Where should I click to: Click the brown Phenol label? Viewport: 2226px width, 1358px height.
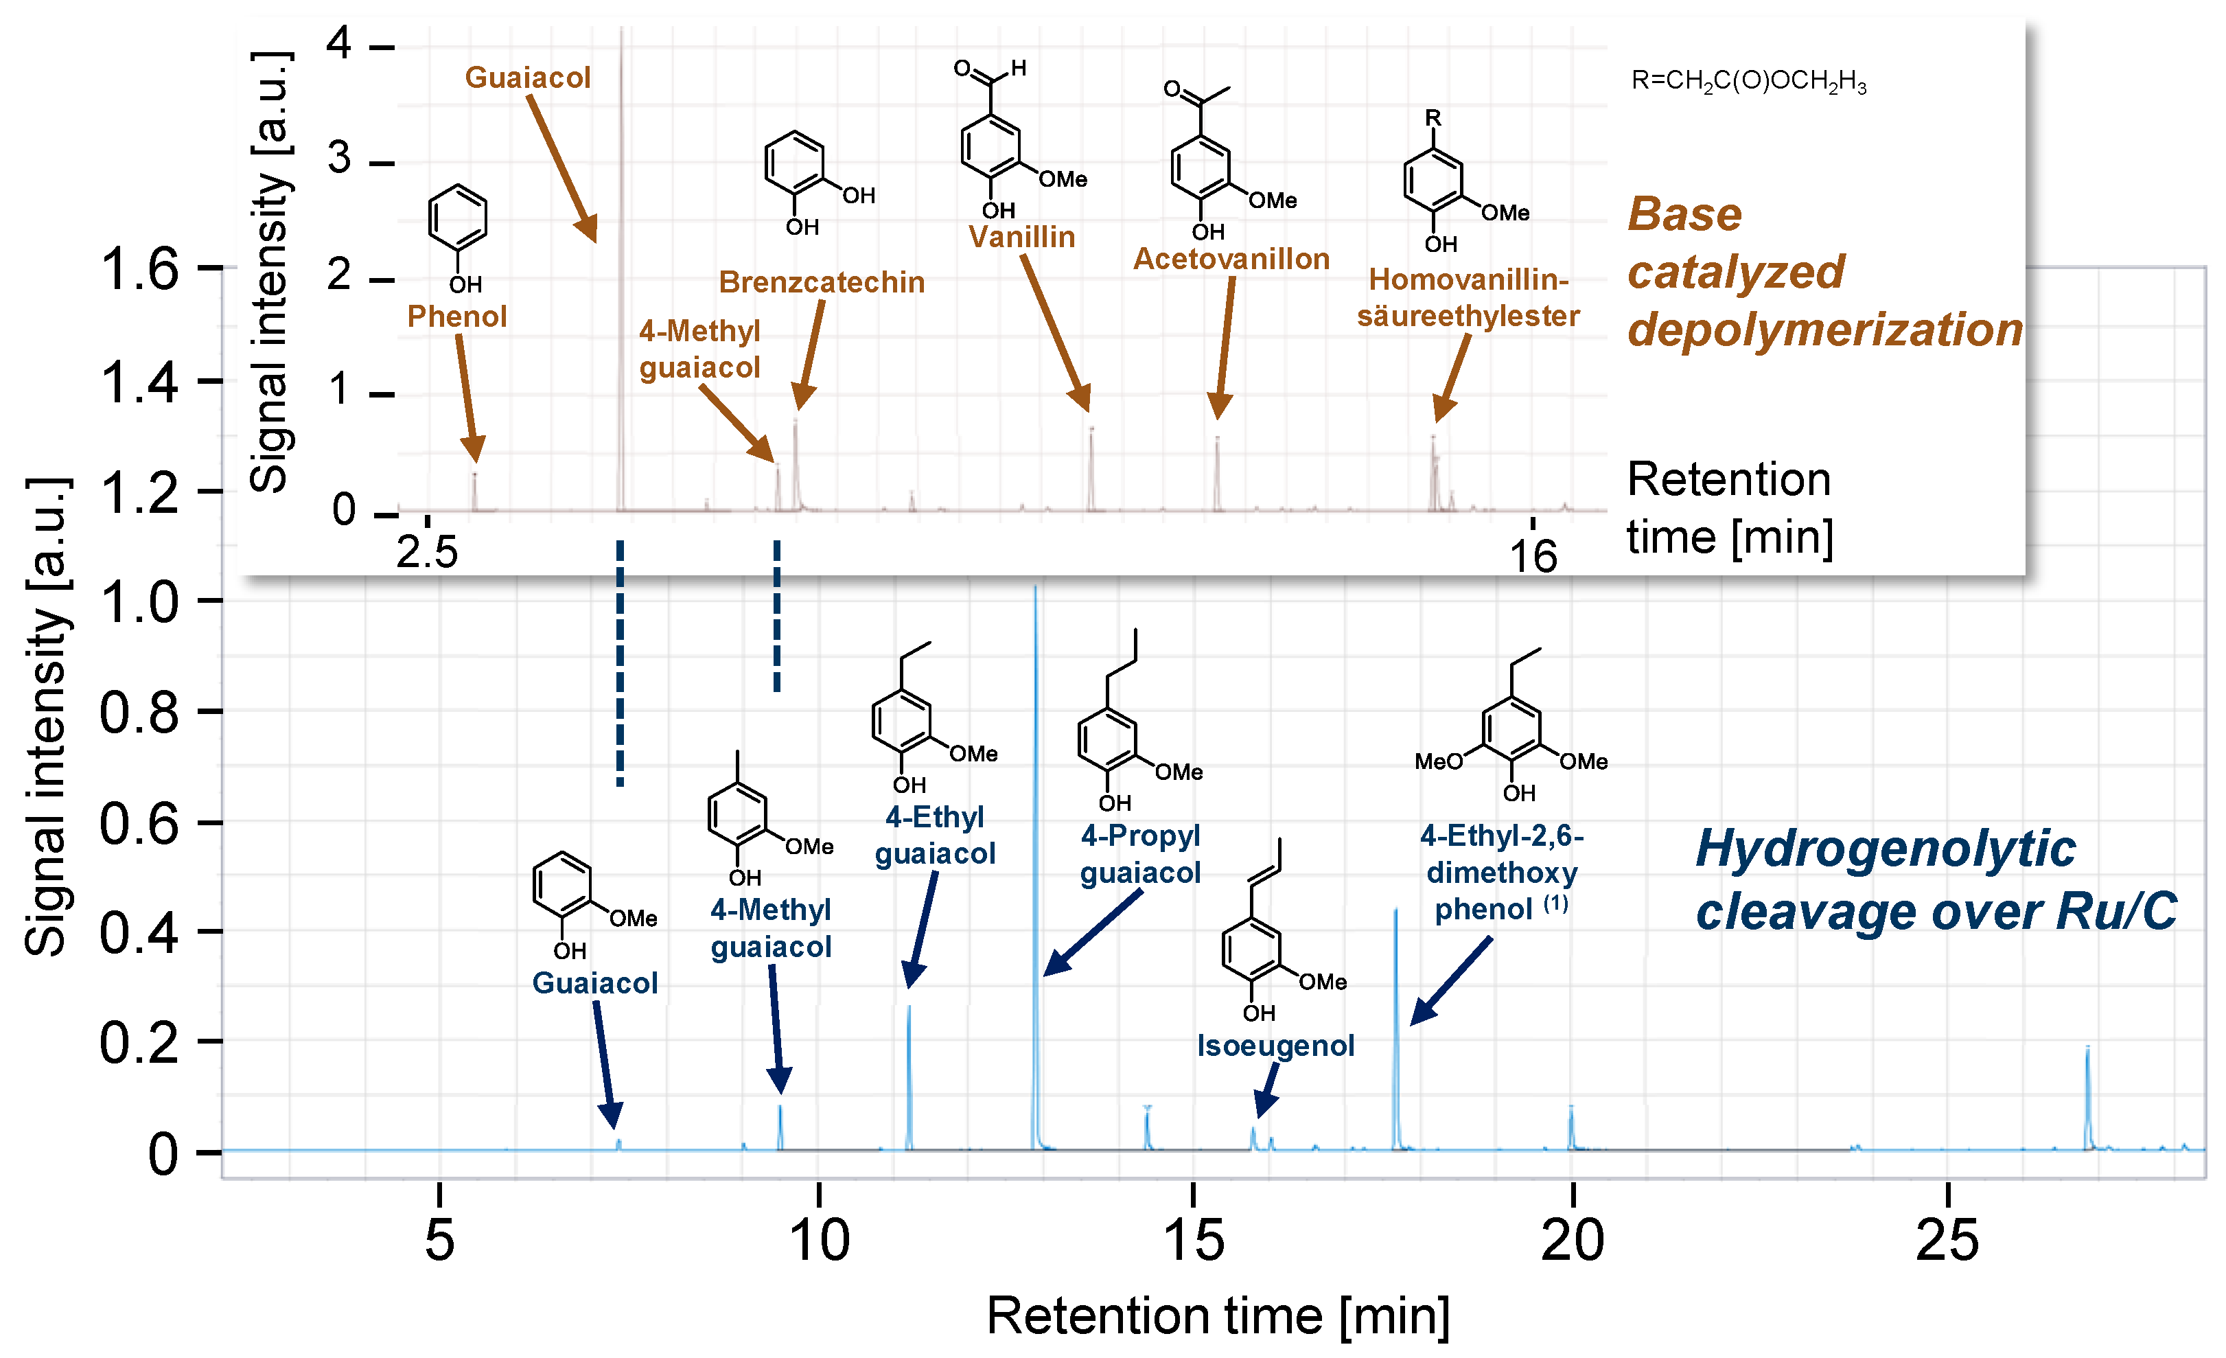(x=456, y=317)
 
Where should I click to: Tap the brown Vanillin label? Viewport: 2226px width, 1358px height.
(x=1022, y=237)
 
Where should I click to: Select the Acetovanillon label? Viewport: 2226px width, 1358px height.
(x=1231, y=260)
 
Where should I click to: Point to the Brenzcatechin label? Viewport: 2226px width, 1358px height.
(x=821, y=282)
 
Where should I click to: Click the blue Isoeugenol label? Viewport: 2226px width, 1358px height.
(x=1275, y=1046)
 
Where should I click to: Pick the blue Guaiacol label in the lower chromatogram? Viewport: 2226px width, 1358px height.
(x=594, y=983)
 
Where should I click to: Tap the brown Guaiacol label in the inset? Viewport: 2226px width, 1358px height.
(x=528, y=78)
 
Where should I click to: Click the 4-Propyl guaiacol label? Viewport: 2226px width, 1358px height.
(x=1140, y=854)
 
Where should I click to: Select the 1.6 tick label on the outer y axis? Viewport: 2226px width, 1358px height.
(x=139, y=269)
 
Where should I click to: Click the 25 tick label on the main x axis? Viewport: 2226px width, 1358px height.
(x=1947, y=1240)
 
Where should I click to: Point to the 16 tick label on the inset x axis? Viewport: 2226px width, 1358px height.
(x=1533, y=555)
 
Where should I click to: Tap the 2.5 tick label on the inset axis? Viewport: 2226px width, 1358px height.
(x=428, y=552)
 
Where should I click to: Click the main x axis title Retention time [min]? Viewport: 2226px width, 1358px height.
(x=1217, y=1315)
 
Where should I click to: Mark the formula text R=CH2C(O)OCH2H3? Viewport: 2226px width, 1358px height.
(x=1748, y=81)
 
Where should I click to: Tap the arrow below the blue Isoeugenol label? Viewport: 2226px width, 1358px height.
(x=1268, y=1090)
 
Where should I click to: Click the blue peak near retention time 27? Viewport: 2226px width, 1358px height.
(x=2087, y=1098)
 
